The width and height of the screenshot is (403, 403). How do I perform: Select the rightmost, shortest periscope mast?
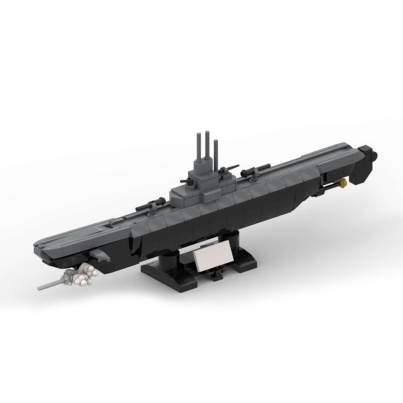click(215, 150)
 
